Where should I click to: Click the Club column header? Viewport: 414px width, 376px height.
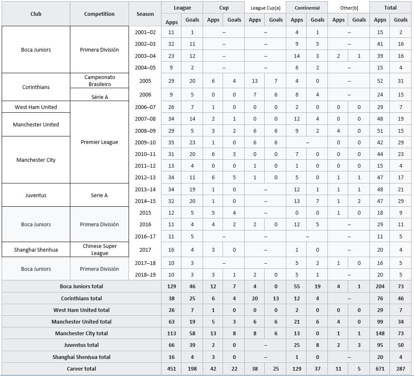click(x=36, y=14)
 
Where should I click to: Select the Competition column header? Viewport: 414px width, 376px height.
click(x=99, y=14)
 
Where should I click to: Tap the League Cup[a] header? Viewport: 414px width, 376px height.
click(x=265, y=7)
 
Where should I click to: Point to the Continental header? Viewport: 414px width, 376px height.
click(x=307, y=7)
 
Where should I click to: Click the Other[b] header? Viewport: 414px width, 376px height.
click(x=349, y=7)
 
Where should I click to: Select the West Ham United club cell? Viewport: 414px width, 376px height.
click(x=36, y=107)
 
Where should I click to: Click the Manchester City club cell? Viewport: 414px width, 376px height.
click(x=36, y=160)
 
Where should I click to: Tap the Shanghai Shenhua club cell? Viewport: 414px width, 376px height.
click(x=36, y=250)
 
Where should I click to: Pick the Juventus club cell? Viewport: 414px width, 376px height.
click(x=36, y=195)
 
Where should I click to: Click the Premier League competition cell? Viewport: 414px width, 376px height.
click(x=99, y=142)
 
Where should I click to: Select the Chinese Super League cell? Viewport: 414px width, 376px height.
click(x=99, y=250)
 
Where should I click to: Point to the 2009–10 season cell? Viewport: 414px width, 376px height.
click(x=145, y=142)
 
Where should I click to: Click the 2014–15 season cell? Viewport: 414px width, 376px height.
click(x=145, y=201)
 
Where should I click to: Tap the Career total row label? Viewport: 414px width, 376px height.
click(x=81, y=369)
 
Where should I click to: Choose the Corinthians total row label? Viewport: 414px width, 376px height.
click(x=81, y=298)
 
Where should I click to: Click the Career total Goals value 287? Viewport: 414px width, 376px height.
click(x=401, y=369)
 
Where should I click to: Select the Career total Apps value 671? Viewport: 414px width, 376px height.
click(x=380, y=369)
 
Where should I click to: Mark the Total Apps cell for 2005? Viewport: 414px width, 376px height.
click(x=380, y=81)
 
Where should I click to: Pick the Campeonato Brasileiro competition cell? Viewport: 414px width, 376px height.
click(x=99, y=81)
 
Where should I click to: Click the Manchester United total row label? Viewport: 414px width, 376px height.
click(x=81, y=322)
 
